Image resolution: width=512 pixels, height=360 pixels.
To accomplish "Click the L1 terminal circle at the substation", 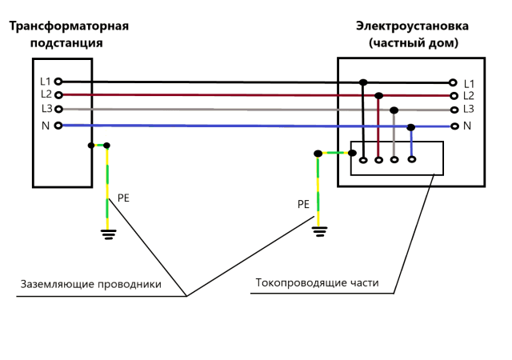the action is (x=58, y=81).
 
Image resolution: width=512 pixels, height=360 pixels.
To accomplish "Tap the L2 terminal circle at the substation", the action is (x=58, y=95).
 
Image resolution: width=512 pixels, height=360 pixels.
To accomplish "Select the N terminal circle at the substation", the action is (x=58, y=125).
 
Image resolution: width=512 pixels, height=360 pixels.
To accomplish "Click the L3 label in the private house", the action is (x=469, y=109).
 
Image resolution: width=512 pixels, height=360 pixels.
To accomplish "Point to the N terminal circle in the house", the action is (x=454, y=126).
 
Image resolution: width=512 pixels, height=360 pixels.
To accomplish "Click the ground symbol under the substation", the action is (x=109, y=234).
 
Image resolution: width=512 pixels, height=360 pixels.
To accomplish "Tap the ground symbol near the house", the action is (x=320, y=231).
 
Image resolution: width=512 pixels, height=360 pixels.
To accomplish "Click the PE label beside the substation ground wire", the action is (x=123, y=198).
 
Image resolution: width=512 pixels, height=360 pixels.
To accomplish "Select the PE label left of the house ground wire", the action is (x=303, y=204).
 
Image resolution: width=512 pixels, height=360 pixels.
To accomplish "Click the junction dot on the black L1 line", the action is (x=363, y=82).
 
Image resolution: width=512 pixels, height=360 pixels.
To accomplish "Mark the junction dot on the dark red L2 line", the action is (x=378, y=96).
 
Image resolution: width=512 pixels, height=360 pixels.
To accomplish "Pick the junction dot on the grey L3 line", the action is (x=394, y=110).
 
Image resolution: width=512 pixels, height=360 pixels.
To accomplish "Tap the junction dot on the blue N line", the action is (x=411, y=127).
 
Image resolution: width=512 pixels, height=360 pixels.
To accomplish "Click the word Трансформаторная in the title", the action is (x=69, y=26).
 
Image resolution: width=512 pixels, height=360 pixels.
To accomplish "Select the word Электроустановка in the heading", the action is (x=412, y=26).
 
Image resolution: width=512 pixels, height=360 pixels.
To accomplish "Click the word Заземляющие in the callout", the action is (x=58, y=284).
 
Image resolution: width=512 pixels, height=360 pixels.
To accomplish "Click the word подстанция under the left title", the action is (x=66, y=42).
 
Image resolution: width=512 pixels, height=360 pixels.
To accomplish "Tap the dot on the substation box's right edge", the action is (x=91, y=146).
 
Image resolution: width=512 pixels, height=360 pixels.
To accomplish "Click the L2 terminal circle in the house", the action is (x=454, y=96).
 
